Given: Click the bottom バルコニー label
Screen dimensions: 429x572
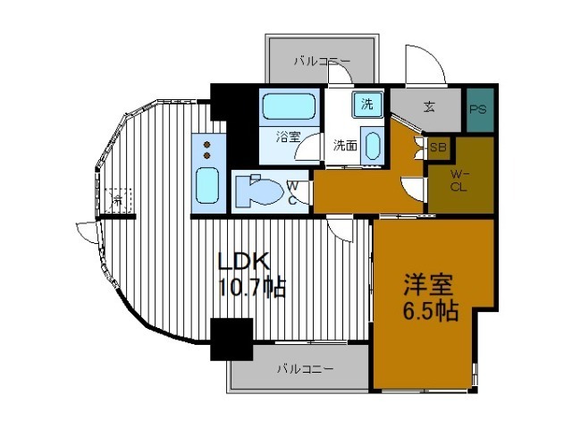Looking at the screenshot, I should [304, 367].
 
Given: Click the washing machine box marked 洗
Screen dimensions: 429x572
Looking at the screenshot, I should [368, 103].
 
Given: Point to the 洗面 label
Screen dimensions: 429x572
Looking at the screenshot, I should [345, 145].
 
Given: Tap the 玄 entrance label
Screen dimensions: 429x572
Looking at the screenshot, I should [429, 107].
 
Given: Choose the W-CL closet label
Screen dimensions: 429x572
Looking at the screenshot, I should [458, 181].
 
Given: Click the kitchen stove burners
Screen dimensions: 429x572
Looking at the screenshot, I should [206, 147].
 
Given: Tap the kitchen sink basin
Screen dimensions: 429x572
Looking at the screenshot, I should [206, 185].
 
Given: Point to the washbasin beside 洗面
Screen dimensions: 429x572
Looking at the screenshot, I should [374, 147].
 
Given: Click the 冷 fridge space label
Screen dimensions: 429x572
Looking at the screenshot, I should [117, 199].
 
